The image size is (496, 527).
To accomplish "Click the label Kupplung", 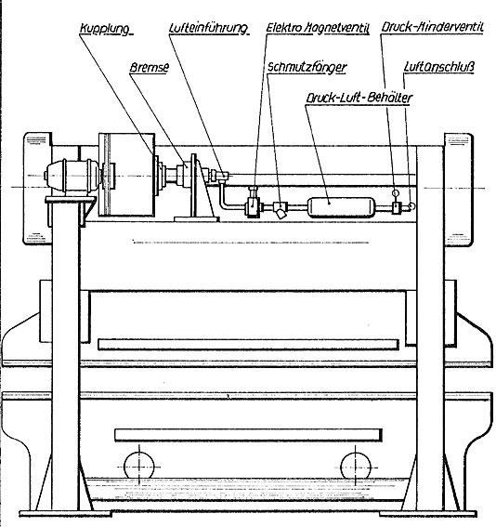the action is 105,29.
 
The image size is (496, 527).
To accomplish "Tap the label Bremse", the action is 150,68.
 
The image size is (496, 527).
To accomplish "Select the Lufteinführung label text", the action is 208,28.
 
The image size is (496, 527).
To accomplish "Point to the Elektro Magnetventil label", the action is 318,28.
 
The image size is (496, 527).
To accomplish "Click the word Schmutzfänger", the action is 307,68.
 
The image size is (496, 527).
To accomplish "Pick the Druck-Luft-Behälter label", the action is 359,98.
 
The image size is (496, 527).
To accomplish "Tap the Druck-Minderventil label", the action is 432,27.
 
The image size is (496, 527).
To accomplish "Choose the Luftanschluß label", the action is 439,67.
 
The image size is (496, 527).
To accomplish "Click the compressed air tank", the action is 341,207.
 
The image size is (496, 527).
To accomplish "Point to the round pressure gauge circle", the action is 396,193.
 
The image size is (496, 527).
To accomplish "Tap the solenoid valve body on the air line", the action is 253,205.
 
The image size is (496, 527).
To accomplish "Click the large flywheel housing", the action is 127,175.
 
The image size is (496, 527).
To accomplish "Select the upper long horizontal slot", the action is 248,345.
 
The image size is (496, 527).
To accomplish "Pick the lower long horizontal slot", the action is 248,435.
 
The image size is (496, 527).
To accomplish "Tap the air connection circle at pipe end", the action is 411,205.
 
